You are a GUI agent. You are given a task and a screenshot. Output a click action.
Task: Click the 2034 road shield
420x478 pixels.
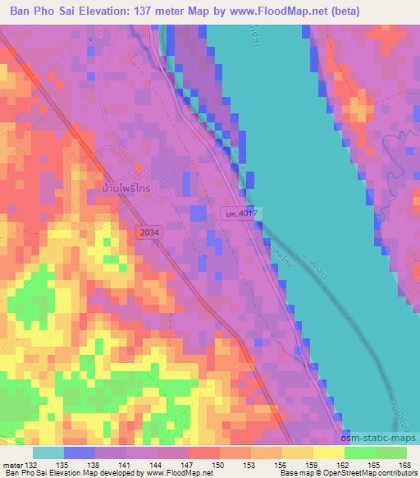point(149,232)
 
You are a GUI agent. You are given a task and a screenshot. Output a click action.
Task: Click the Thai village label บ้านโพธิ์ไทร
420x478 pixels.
point(126,187)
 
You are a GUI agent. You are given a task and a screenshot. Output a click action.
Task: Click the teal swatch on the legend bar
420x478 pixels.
point(48,453)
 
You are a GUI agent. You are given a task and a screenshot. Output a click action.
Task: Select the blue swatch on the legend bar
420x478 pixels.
point(79,453)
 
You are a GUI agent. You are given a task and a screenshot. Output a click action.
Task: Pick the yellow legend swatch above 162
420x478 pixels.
point(329,453)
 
